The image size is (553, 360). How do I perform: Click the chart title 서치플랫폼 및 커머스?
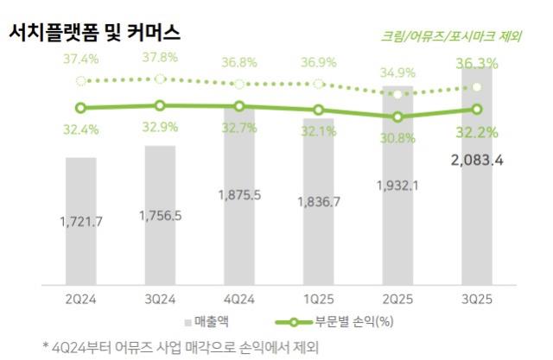[94, 33]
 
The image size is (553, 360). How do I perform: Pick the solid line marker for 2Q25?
[397, 117]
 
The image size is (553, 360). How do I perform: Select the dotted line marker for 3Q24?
[160, 79]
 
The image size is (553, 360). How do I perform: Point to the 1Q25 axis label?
[318, 298]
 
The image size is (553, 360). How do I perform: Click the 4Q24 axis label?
[239, 298]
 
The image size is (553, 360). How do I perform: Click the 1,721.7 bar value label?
[81, 222]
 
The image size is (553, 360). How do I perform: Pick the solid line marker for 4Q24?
[239, 106]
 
